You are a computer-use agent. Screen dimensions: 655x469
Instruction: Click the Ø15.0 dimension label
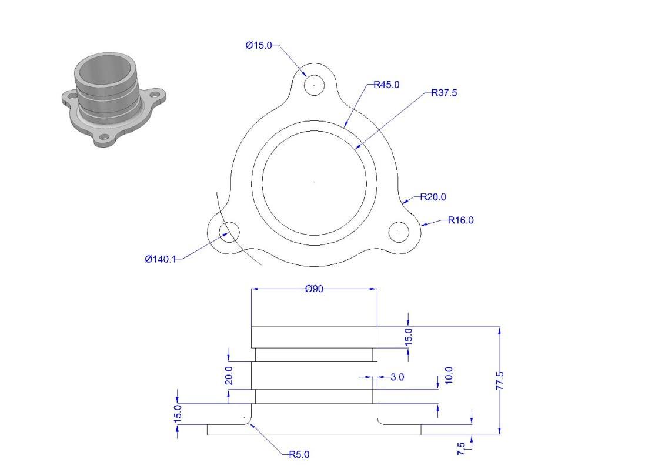coord(259,45)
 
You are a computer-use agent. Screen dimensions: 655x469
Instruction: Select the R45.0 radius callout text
coord(386,85)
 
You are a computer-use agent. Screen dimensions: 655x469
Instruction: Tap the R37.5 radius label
coord(444,93)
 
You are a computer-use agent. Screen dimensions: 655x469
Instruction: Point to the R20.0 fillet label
coord(433,197)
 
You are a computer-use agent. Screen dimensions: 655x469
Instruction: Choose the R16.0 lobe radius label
coord(461,220)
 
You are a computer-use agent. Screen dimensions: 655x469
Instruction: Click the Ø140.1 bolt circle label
coord(161,259)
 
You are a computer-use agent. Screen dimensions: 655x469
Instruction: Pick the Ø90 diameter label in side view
coord(314,289)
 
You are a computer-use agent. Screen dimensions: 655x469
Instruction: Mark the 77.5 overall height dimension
coord(500,381)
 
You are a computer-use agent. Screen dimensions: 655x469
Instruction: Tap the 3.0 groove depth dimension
coord(397,377)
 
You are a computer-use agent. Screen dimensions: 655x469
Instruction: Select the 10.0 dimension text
coord(449,376)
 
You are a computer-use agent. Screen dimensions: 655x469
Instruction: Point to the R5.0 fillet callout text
coord(299,454)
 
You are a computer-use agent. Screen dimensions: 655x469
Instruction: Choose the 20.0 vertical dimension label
coord(229,375)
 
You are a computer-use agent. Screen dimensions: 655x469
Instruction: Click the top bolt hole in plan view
coord(314,85)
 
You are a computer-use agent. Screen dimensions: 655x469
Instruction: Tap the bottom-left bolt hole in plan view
coord(229,232)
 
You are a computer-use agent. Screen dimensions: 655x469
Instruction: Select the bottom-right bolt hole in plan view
coord(399,232)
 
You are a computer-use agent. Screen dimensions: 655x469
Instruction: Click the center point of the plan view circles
coord(314,183)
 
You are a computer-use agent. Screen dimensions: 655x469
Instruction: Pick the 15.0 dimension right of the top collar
coord(409,336)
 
